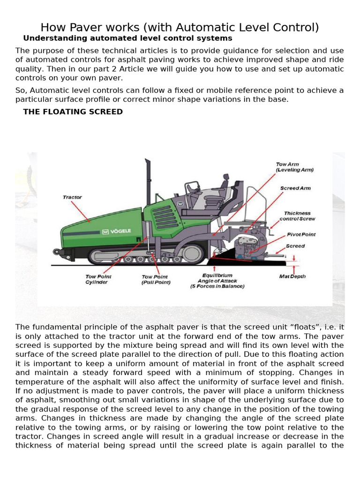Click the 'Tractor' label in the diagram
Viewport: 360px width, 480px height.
point(72,197)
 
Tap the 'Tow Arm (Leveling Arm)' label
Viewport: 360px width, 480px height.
point(294,167)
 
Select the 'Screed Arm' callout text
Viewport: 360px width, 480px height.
point(295,188)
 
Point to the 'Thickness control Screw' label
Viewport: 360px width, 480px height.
point(297,216)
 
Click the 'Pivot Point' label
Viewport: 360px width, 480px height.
point(301,234)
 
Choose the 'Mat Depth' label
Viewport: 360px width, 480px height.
point(292,277)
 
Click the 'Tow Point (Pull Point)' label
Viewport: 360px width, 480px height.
point(156,279)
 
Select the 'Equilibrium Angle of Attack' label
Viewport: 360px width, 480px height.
point(217,280)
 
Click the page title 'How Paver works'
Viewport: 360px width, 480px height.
point(180,28)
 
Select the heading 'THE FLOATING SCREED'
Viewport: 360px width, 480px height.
point(73,112)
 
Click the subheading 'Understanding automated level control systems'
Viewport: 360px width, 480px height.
point(127,38)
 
